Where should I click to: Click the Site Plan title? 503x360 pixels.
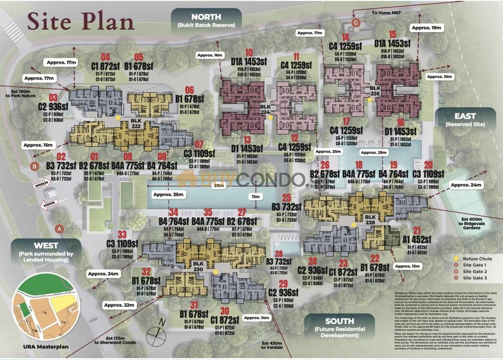pyautogui.click(x=81, y=21)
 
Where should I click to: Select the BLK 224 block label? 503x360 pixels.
pyautogui.click(x=265, y=109)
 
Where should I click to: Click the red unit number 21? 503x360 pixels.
pyautogui.click(x=416, y=230)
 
